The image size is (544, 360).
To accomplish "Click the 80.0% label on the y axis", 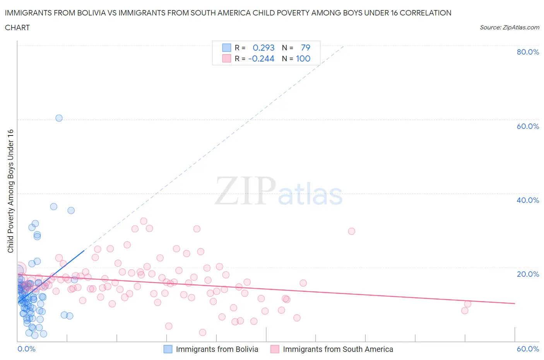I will coord(528,52).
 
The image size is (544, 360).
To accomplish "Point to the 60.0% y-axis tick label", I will coord(528,126).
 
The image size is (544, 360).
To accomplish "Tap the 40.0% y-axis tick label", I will coord(528,200).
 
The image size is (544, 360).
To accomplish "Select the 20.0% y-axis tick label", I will coord(528,274).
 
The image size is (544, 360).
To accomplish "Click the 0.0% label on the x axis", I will coord(26,349).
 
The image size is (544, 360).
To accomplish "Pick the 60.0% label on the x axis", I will coord(528,349).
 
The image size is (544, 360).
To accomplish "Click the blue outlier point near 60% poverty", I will coord(59,118).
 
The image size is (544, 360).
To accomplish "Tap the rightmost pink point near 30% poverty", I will coord(351,231).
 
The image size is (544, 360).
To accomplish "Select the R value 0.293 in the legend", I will coord(263,48).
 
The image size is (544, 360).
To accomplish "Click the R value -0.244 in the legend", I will coord(261,58).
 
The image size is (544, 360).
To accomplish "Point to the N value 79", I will coord(305,48).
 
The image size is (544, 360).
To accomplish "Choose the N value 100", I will coord(303,58).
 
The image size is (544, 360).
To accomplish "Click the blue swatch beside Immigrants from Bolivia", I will coord(168,349).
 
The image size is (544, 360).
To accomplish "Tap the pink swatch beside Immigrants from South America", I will coord(275,349).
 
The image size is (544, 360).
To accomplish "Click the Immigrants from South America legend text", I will coord(338,349).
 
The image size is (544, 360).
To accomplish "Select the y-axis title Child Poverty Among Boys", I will coord(10,191).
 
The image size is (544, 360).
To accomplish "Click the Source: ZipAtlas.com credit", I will coord(509,27).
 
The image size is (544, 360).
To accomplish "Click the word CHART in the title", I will coord(17,27).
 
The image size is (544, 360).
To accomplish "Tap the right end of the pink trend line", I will coord(515,303).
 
